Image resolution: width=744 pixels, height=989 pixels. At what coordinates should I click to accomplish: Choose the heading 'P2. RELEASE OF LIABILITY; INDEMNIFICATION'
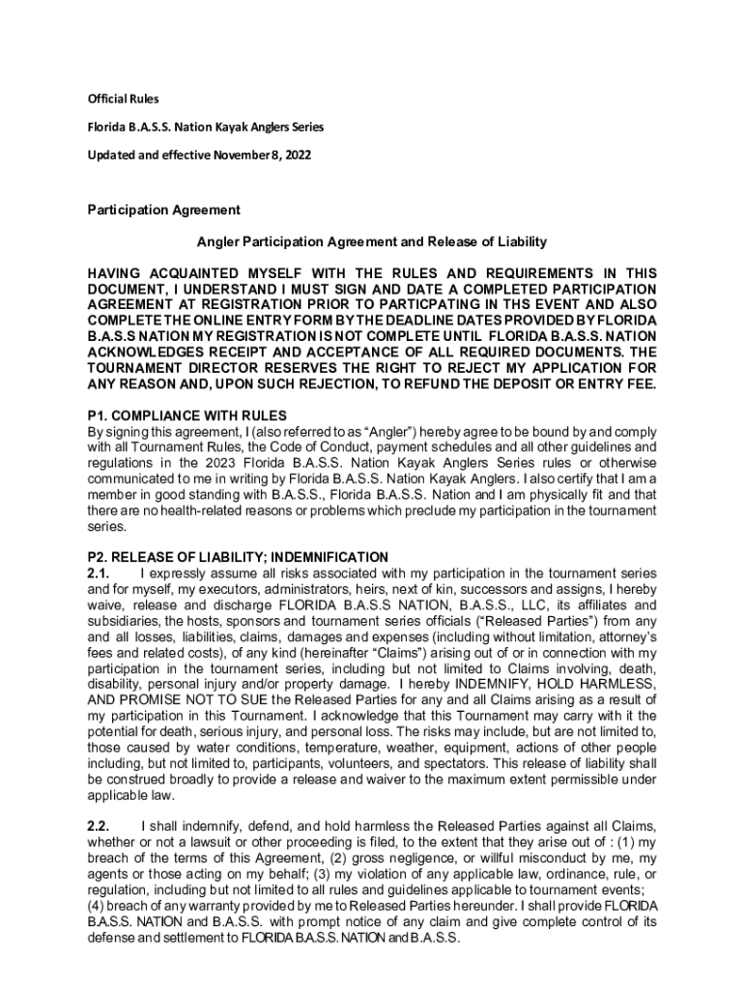tap(238, 557)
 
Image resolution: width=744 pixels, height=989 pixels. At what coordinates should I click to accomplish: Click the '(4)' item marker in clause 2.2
tap(98, 905)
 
